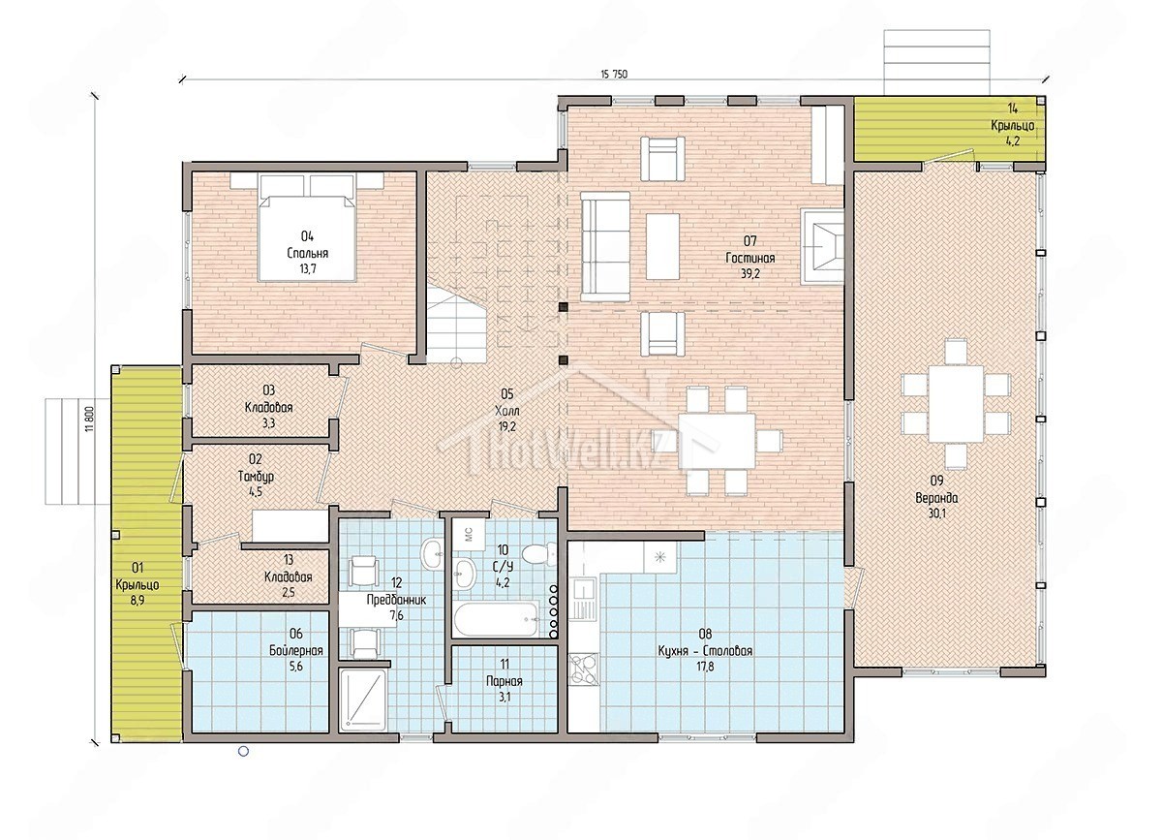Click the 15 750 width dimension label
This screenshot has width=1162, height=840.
[x=614, y=74]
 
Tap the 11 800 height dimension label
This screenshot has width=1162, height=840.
[x=90, y=419]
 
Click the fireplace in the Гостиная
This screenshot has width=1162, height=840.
[x=822, y=246]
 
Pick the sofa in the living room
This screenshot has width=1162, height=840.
[x=605, y=246]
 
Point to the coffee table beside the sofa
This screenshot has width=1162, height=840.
[x=662, y=247]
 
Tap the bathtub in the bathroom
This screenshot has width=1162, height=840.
[x=498, y=619]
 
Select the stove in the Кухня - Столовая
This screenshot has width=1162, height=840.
[x=584, y=669]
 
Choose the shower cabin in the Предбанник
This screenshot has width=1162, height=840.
[x=362, y=700]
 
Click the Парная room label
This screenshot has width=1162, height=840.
[x=504, y=681]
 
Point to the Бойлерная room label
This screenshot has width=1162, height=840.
[x=295, y=650]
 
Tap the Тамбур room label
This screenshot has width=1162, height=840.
[x=256, y=476]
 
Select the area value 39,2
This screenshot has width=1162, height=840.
[x=750, y=273]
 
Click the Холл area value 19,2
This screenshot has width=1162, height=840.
[x=506, y=426]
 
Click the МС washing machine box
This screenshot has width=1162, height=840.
[x=469, y=534]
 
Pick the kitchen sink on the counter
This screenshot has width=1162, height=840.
[x=584, y=597]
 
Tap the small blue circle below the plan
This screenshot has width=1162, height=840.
[x=243, y=751]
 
